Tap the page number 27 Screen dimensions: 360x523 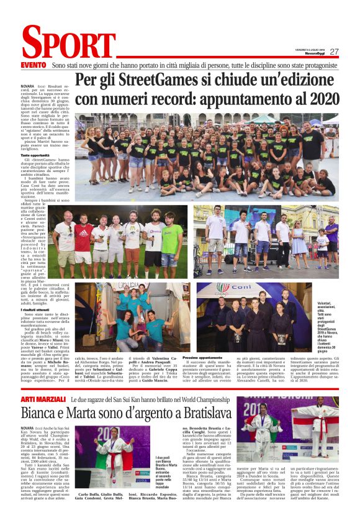[x=335, y=52]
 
